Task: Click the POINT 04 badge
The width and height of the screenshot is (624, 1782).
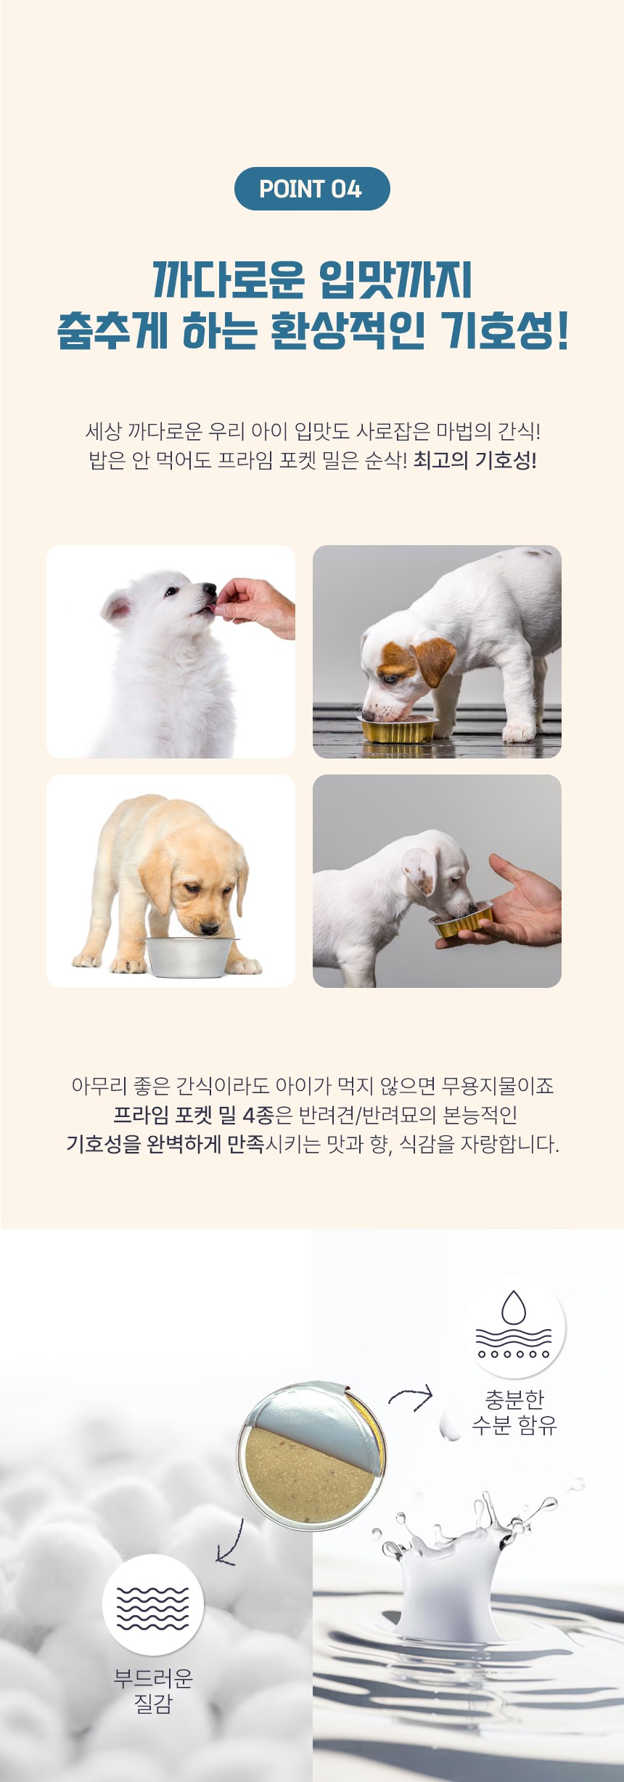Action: pyautogui.click(x=312, y=189)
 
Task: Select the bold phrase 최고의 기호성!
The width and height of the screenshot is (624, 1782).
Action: pyautogui.click(x=475, y=460)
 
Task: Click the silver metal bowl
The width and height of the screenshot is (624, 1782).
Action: pyautogui.click(x=190, y=956)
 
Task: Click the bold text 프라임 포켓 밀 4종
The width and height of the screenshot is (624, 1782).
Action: pyautogui.click(x=193, y=1115)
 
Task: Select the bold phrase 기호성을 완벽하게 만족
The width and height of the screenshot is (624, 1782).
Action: pyautogui.click(x=165, y=1145)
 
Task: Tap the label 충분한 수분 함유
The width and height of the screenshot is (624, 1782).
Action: pyautogui.click(x=514, y=1412)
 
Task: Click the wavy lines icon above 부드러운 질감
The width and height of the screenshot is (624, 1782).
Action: pyautogui.click(x=152, y=1607)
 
